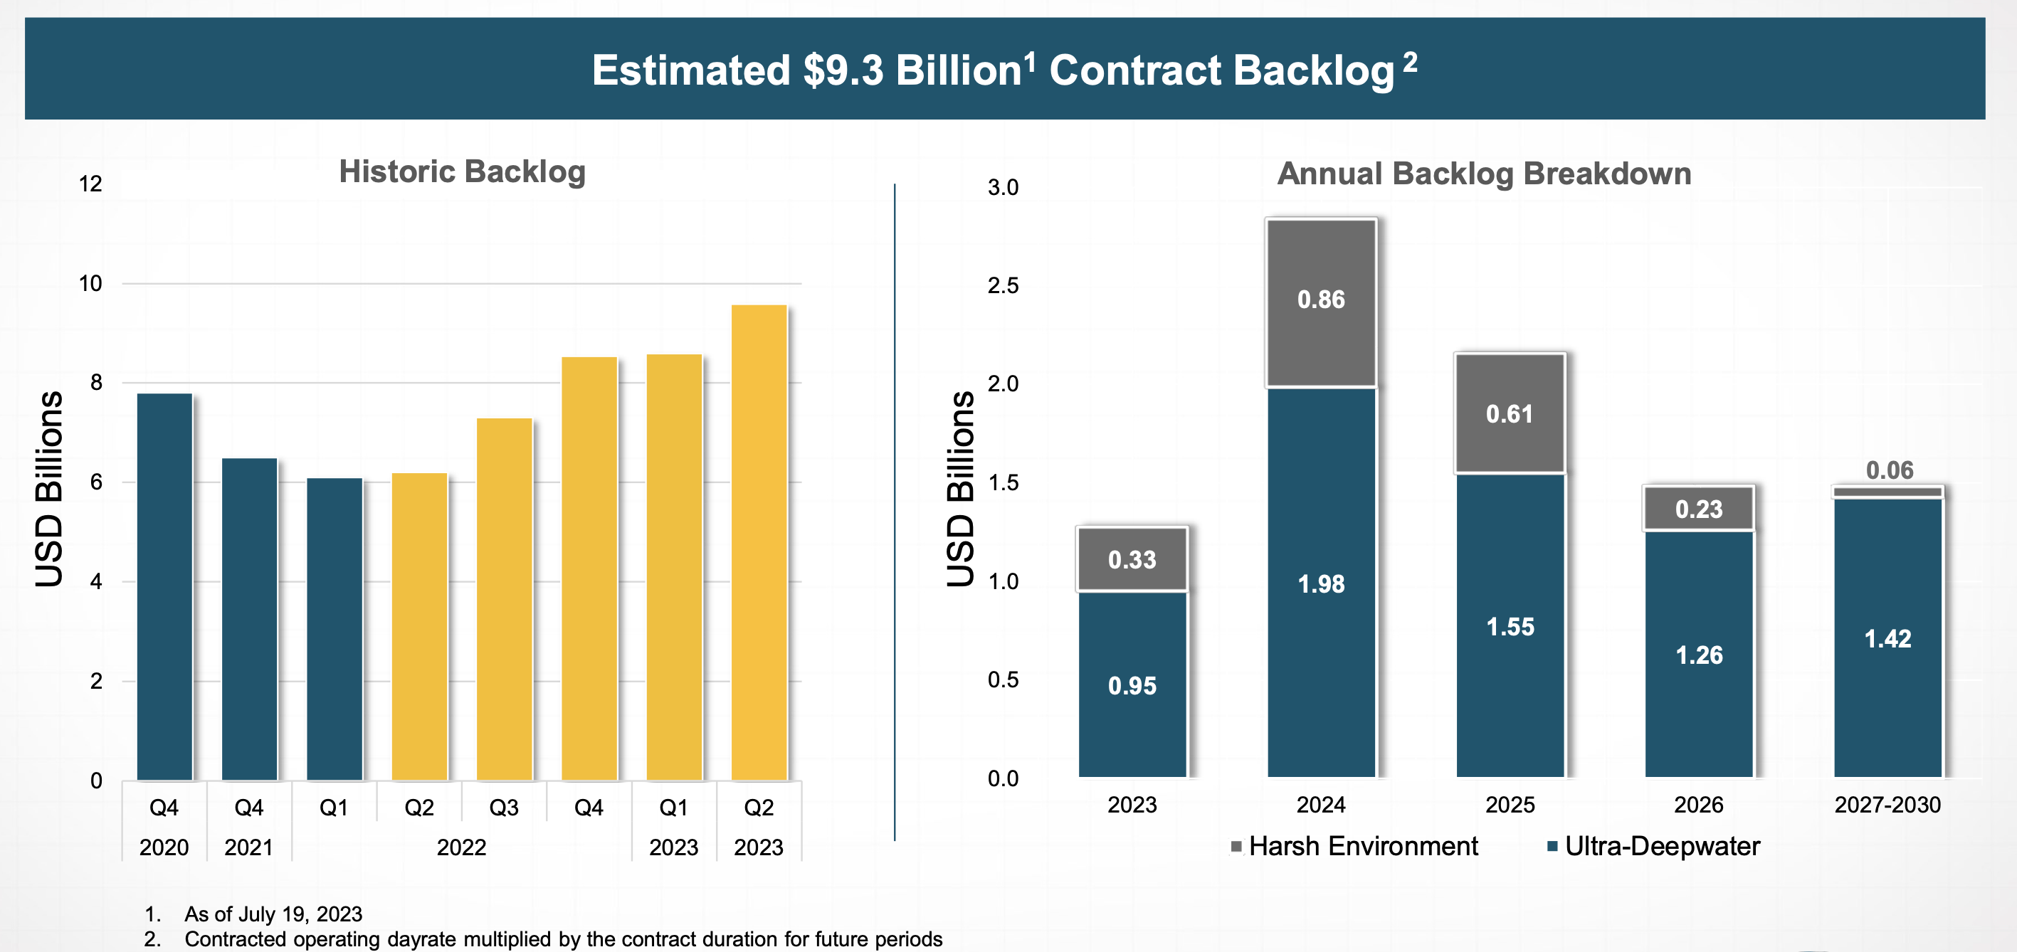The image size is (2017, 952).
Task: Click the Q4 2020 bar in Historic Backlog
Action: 164,587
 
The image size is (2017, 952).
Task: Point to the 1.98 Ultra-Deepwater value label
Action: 1321,584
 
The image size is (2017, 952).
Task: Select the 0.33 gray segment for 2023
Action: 1132,559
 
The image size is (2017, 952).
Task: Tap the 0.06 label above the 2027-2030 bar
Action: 1890,470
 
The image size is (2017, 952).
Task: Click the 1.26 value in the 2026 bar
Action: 1699,655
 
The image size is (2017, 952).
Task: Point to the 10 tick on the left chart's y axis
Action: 91,283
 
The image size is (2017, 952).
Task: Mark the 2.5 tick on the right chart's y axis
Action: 1003,286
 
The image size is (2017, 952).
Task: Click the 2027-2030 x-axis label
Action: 1887,805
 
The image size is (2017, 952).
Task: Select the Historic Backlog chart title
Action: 462,172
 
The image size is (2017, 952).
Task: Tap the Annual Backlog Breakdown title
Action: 1484,174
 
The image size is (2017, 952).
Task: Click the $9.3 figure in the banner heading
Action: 843,70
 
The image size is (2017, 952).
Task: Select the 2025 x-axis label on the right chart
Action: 1510,805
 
